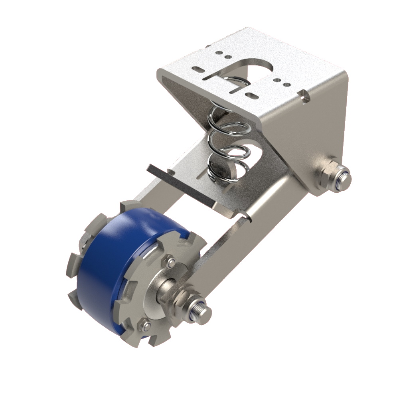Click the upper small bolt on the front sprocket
click(171, 262)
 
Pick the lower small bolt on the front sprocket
click(146, 327)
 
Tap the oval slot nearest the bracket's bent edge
click(251, 95)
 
